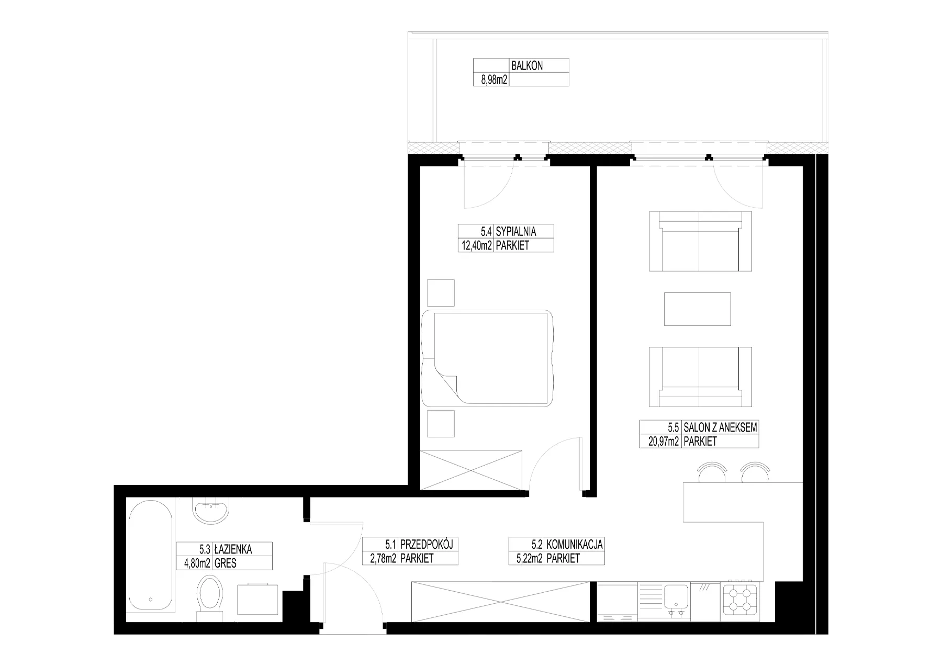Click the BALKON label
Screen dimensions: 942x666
click(x=527, y=66)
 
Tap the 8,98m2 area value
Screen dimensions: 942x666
click(x=491, y=80)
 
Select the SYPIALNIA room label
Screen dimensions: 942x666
click(x=516, y=231)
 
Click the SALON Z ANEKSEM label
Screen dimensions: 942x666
click(x=720, y=427)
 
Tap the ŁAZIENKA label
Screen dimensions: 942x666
click(x=233, y=549)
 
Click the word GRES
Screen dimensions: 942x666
click(x=226, y=563)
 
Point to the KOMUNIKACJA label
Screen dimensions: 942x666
click(x=575, y=545)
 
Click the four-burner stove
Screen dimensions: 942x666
click(x=739, y=599)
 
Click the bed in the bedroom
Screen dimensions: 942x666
click(x=488, y=359)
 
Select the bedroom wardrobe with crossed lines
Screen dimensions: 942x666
click(x=472, y=469)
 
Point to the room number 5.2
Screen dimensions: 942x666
click(x=536, y=545)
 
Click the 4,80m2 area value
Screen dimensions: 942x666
click(x=196, y=563)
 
